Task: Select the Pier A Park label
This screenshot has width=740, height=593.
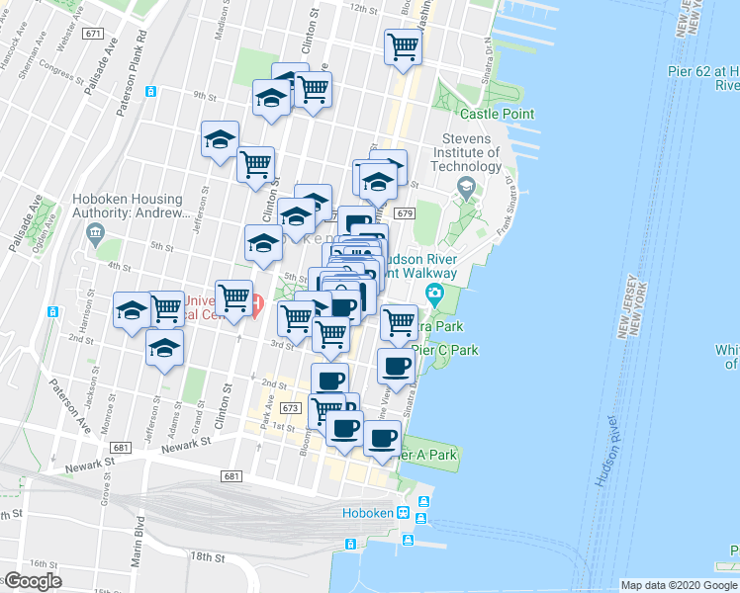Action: point(427,455)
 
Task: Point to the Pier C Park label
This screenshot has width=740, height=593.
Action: point(445,350)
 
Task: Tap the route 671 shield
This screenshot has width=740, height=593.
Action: point(93,33)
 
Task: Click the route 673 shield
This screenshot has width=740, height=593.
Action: point(290,407)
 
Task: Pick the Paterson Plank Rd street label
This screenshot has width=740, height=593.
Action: point(130,73)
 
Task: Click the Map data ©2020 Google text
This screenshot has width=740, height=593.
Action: point(679,585)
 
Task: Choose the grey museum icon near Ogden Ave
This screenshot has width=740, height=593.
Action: point(95,233)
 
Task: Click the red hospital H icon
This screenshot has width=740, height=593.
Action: point(256,302)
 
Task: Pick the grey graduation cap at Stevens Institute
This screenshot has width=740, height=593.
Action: point(465,186)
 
